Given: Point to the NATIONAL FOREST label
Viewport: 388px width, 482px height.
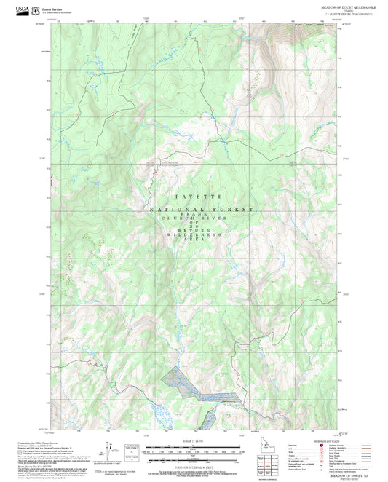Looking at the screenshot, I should click(x=201, y=209).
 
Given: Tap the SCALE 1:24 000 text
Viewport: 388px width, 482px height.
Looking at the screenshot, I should click(x=194, y=443).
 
